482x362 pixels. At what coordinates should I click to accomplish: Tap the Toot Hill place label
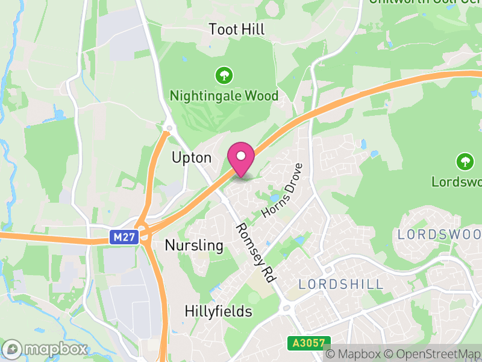coord(237,30)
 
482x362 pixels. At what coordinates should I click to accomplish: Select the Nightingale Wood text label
coord(224,96)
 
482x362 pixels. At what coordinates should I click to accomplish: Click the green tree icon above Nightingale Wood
coord(224,75)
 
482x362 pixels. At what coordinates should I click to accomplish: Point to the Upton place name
coord(192,158)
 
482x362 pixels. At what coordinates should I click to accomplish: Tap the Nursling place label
coord(194,246)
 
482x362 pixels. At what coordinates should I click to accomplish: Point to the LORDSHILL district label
coord(340,284)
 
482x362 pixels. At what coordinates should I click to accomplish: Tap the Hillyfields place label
coord(218,311)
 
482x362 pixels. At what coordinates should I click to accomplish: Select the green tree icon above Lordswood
coord(464,161)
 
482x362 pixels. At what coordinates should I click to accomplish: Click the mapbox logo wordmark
coord(45,349)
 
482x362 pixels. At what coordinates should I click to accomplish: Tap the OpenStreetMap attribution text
coord(434,354)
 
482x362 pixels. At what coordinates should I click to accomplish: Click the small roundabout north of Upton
coord(169,128)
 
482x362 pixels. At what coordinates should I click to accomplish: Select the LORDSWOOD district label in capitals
coord(440,234)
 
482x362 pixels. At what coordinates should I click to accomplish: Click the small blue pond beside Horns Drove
coord(275,198)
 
